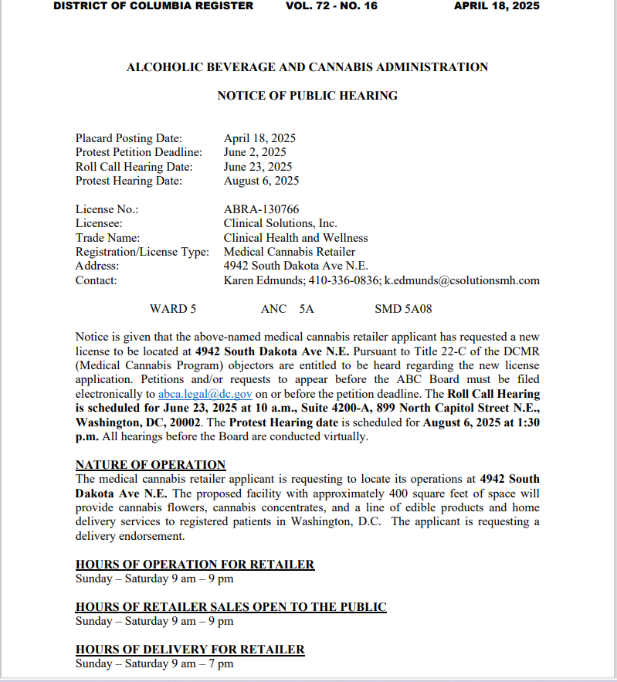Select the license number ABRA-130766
pos(261,209)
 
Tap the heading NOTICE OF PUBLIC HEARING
pos(307,96)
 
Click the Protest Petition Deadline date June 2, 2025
pos(255,153)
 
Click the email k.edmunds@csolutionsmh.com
pos(462,280)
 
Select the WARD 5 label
pos(173,309)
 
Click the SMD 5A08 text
pos(403,309)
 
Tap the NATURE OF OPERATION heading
pos(151,465)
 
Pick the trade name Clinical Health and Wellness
pos(296,238)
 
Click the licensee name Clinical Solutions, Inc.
pos(280,224)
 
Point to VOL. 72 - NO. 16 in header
pos(331,6)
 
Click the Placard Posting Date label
pos(129,139)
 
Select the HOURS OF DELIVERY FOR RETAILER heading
pos(190,650)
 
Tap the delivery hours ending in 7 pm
pos(154,663)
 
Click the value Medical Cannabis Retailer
pos(290,252)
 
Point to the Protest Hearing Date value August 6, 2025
pos(261,182)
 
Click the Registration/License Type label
pos(142,252)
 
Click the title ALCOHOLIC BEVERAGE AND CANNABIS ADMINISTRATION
pos(307,67)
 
